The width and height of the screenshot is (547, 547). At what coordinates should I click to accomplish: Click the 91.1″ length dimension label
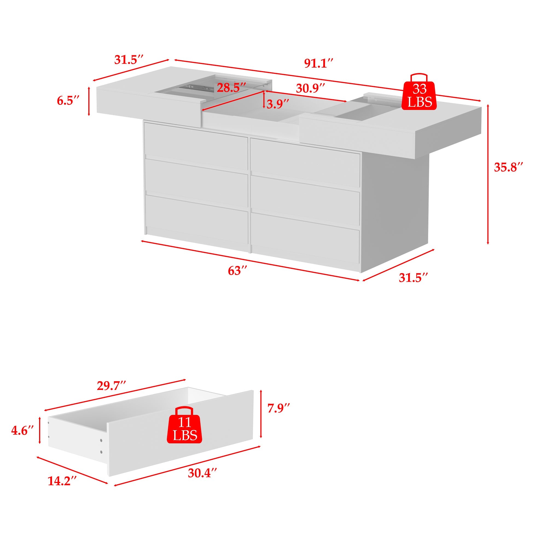click(318, 63)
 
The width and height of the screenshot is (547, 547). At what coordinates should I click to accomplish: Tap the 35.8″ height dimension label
click(508, 167)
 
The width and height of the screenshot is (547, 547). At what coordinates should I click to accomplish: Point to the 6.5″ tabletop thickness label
click(68, 101)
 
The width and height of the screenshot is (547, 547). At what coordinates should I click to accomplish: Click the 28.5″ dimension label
click(231, 88)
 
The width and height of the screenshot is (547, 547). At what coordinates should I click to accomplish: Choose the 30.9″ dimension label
click(310, 89)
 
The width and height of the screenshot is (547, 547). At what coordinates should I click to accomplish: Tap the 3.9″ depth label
click(278, 104)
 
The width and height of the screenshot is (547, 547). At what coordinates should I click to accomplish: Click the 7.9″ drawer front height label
click(279, 408)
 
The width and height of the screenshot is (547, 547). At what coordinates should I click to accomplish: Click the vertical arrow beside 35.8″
click(488, 174)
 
